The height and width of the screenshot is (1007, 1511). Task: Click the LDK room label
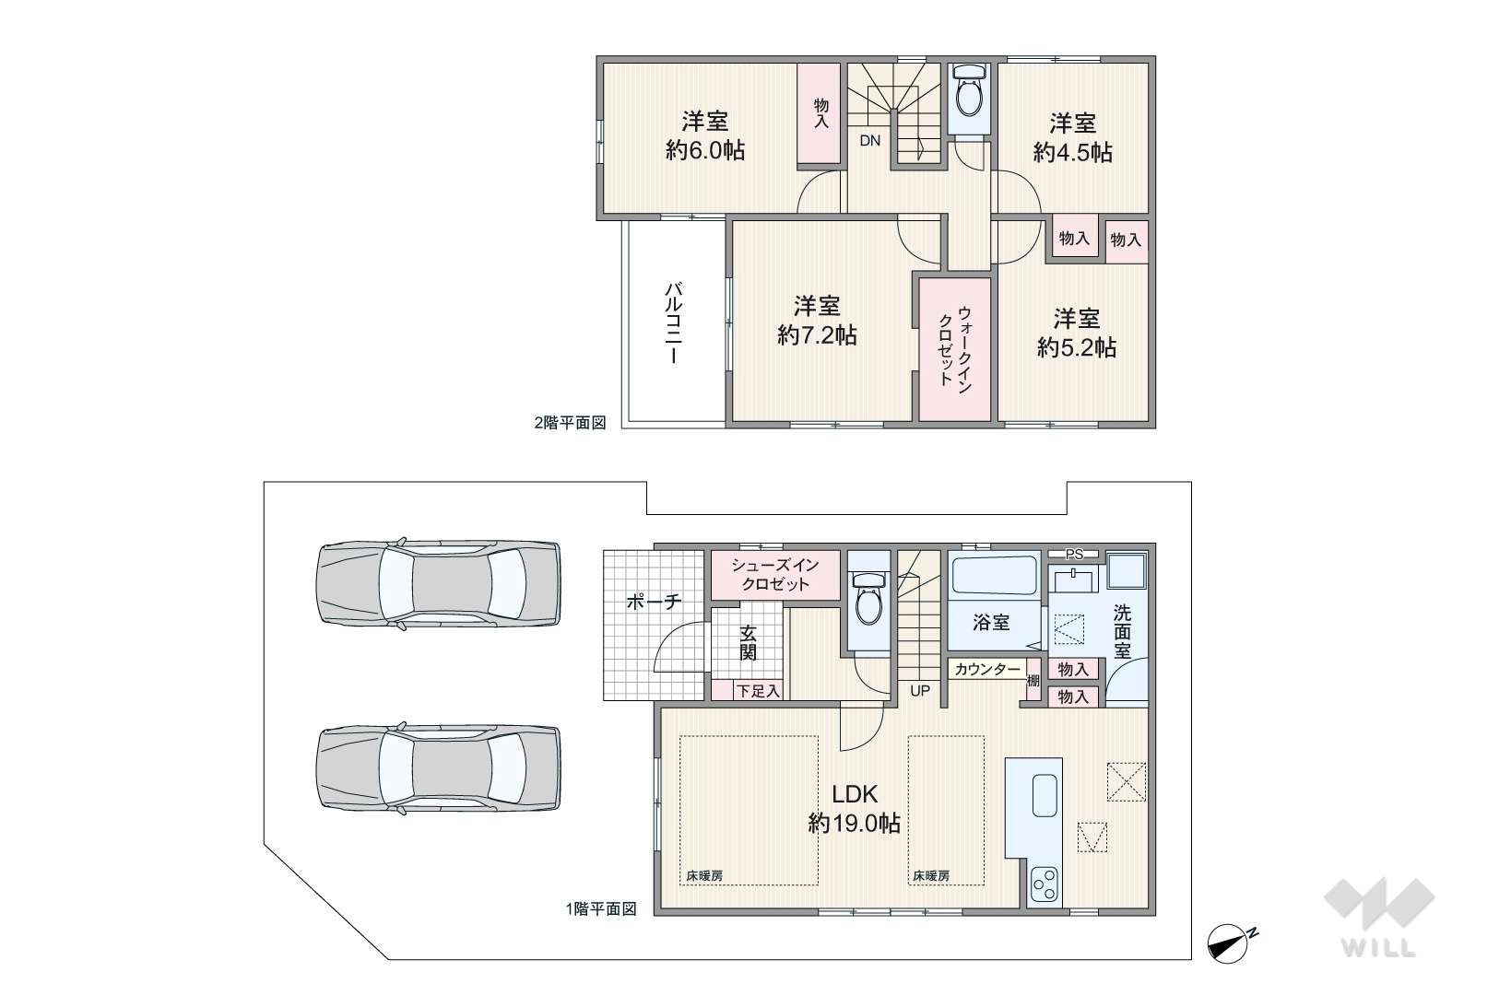coord(854,794)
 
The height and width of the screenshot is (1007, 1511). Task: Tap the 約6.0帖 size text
coord(705,150)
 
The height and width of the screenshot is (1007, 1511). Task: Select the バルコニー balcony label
coord(673,323)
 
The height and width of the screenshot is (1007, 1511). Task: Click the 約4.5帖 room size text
coord(1072,152)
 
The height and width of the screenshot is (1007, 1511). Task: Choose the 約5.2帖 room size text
coord(1077,348)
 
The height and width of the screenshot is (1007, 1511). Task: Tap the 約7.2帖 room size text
coord(817,335)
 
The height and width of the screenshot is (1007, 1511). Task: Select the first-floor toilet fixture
coord(868,599)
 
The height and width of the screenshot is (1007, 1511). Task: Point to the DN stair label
coord(870,141)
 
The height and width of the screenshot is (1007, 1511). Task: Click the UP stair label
coord(920,691)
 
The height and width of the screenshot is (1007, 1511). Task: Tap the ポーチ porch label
coord(654,602)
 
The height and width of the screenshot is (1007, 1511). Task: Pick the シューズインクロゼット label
coord(775,575)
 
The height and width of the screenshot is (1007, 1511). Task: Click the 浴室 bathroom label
coord(991,622)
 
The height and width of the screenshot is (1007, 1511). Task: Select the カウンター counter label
coord(987,669)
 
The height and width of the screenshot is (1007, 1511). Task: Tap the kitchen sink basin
coord(1045,796)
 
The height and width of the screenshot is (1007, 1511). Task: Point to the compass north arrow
coord(1228,943)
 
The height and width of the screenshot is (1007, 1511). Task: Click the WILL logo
coord(1379,918)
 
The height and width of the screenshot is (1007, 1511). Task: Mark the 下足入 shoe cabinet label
coord(758,691)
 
